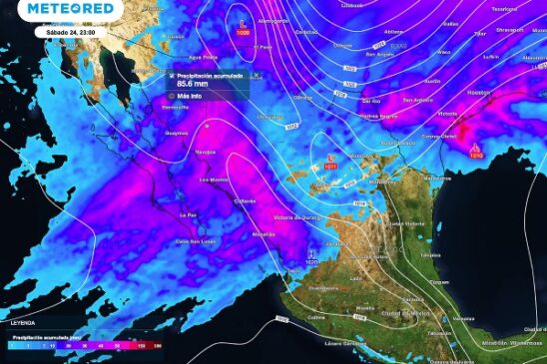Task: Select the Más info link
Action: tap(191, 97)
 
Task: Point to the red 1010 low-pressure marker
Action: tap(475, 154)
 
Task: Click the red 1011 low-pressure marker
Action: tap(331, 165)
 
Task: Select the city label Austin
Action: tap(432, 80)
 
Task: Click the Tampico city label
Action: tap(430, 255)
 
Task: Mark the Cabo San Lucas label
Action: tap(196, 240)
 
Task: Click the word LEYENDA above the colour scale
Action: tap(23, 323)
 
